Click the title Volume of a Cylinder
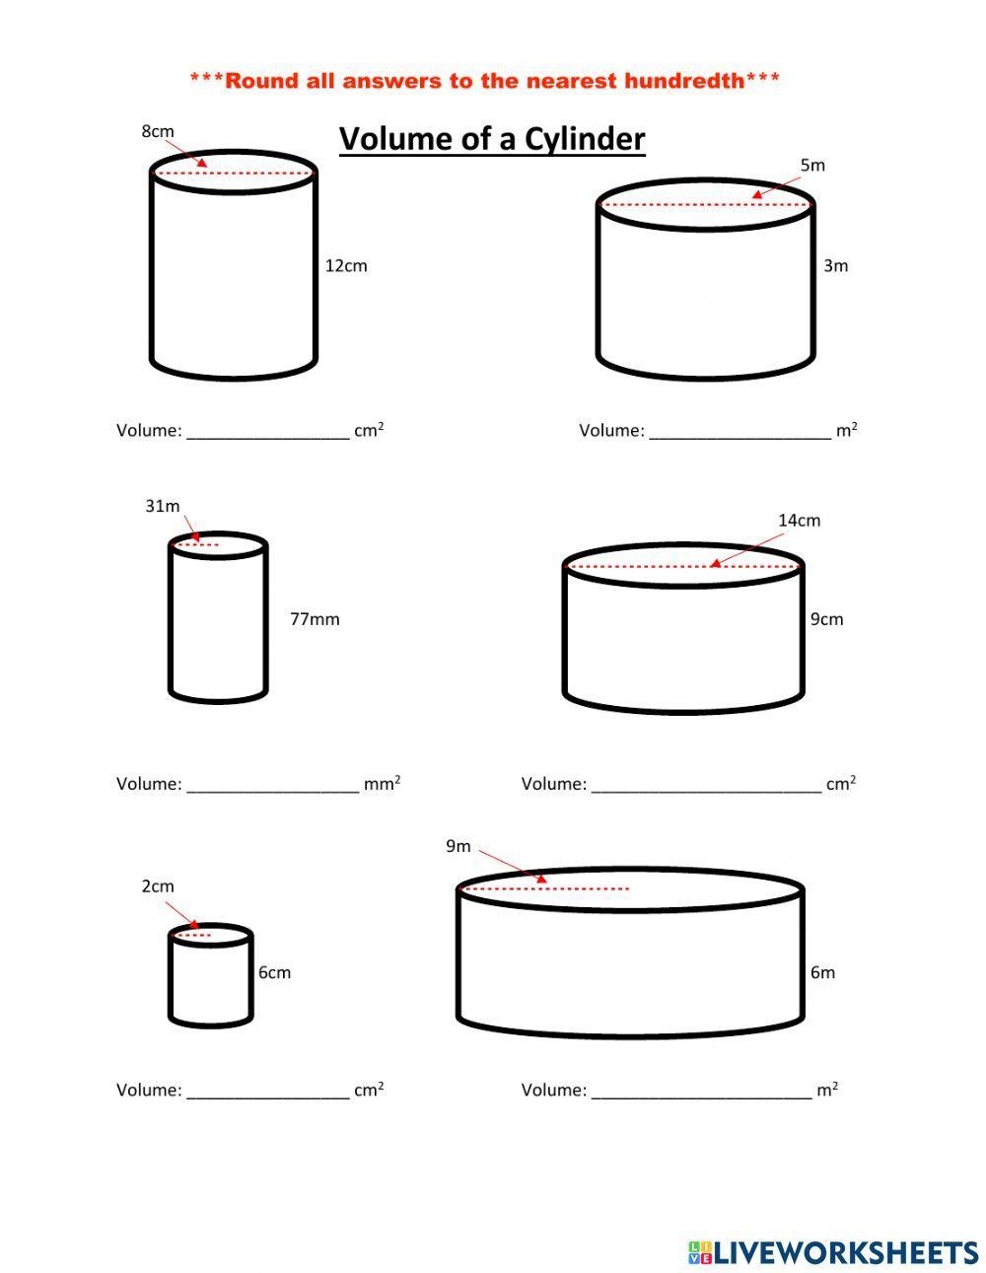click(x=492, y=139)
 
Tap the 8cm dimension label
click(x=158, y=131)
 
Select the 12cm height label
click(x=346, y=265)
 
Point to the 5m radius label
click(x=812, y=166)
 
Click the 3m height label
click(x=836, y=265)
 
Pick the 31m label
click(x=163, y=506)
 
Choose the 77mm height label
click(x=315, y=619)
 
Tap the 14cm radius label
click(x=799, y=521)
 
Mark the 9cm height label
click(x=827, y=619)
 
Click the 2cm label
click(x=158, y=886)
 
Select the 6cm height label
click(x=274, y=972)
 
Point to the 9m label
click(x=458, y=846)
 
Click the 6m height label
click(x=822, y=972)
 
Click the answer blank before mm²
click(x=273, y=786)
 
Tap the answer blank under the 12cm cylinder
click(x=268, y=432)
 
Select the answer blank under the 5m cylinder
click(x=739, y=432)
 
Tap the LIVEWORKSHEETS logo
click(x=833, y=1252)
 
